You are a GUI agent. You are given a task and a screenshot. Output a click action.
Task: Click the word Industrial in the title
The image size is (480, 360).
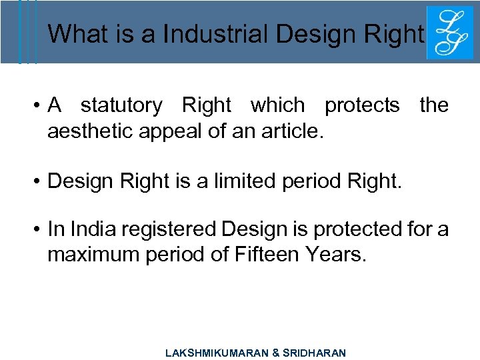[x=209, y=33]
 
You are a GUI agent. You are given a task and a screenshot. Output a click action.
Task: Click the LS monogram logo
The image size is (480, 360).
[x=445, y=33]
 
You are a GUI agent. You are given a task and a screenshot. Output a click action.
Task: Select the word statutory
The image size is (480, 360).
[x=121, y=105]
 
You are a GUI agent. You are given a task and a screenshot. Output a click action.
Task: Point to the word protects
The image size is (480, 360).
[x=362, y=105]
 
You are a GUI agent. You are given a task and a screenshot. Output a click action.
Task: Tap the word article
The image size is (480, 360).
[x=291, y=129]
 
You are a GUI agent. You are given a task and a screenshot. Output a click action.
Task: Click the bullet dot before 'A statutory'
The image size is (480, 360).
[x=40, y=105]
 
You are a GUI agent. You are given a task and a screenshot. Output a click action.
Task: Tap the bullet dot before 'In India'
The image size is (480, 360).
[x=40, y=229]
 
